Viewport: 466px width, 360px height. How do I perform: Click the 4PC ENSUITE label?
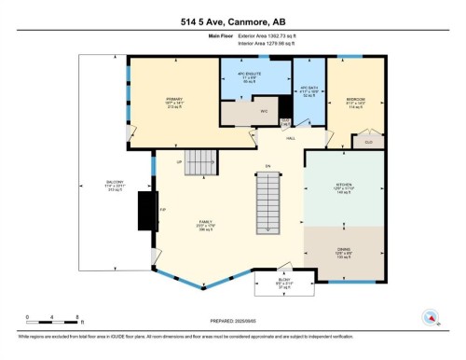[252, 75]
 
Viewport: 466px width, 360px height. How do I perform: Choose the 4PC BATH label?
[308, 91]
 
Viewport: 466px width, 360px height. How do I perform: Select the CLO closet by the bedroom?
[368, 141]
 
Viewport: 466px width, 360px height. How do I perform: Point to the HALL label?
[291, 137]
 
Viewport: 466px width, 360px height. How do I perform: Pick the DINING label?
[344, 251]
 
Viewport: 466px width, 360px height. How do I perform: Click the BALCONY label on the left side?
[89, 186]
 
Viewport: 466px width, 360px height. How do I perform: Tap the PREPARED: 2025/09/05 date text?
[232, 321]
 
